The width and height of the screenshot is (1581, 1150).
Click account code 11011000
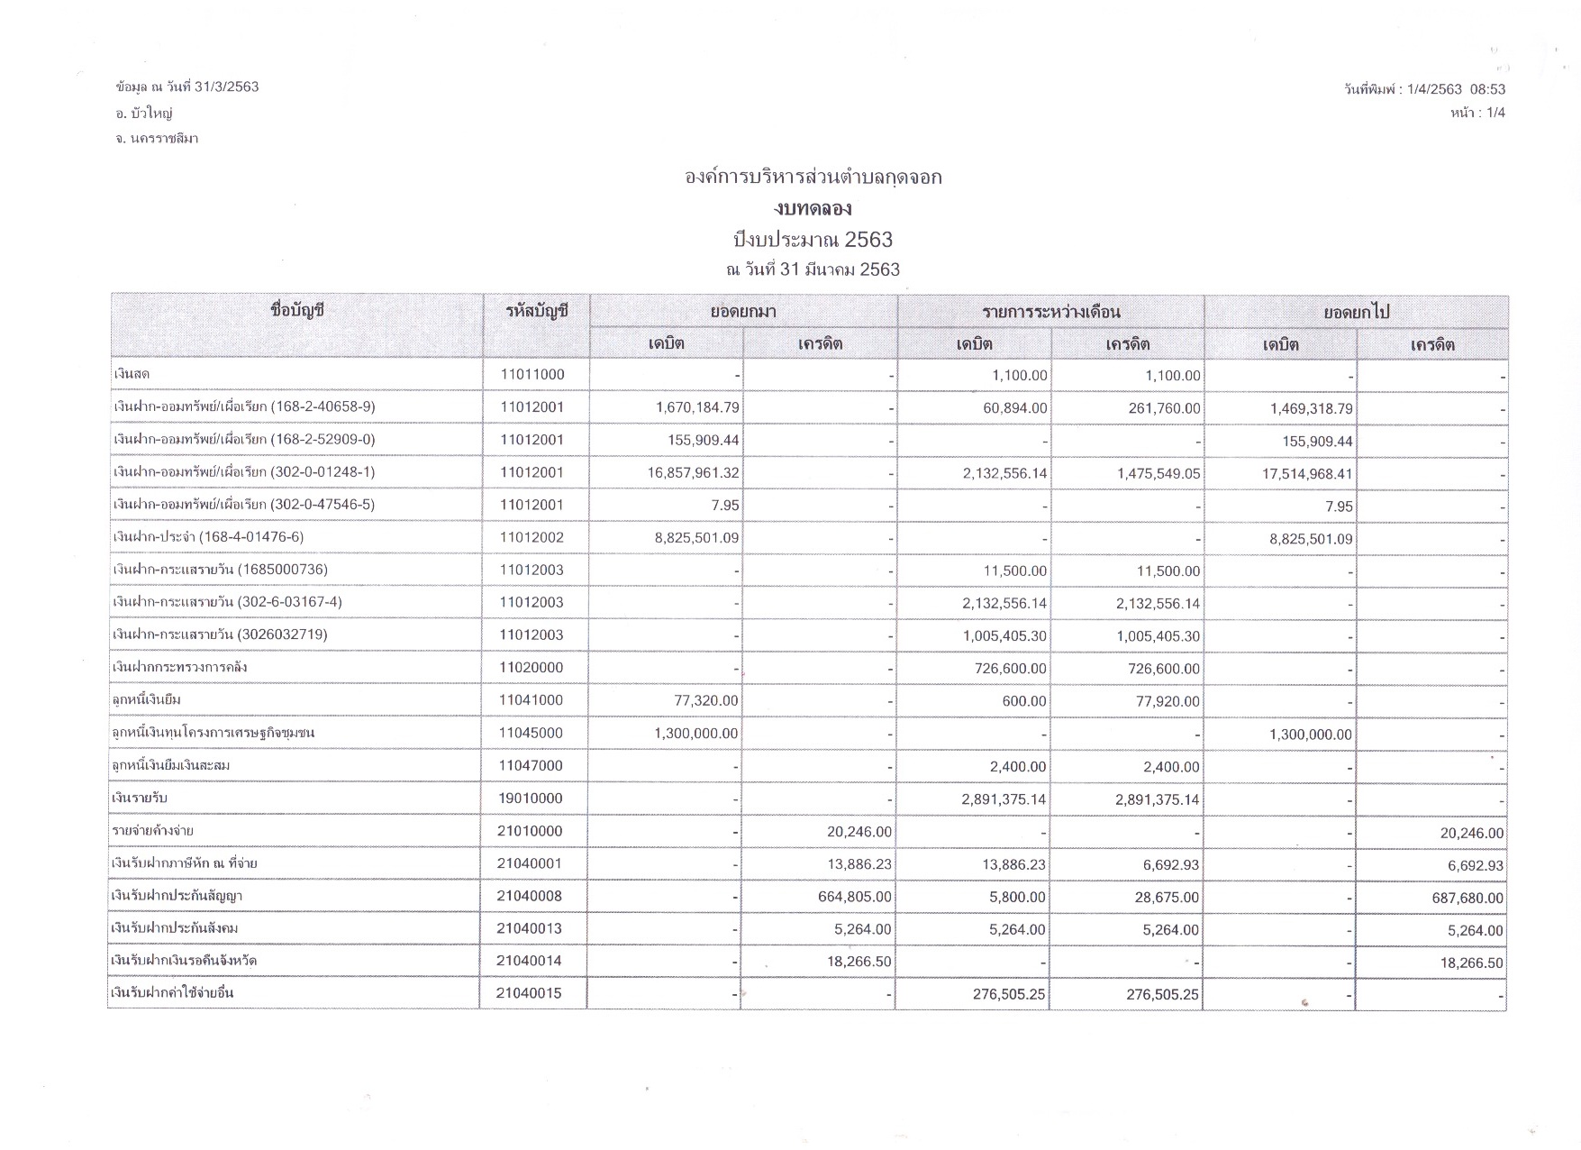(532, 375)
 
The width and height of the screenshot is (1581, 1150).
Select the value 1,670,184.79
(697, 408)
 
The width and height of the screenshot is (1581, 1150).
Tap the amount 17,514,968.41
(1307, 474)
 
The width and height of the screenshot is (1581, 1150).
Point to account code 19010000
(532, 799)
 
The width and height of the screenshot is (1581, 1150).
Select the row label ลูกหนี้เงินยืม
(150, 700)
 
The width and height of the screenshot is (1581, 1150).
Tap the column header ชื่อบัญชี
(296, 312)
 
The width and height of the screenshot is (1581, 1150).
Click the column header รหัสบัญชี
(537, 312)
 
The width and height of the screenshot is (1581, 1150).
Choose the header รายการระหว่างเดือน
(1050, 312)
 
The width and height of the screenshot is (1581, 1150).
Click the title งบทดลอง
(813, 209)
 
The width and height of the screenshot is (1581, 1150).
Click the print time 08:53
(1487, 89)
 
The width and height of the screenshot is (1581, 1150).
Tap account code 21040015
(529, 993)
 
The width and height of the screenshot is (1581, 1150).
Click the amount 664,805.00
(859, 898)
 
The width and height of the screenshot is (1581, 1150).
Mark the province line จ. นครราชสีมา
(157, 139)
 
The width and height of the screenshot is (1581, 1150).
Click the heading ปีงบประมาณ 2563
(813, 240)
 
